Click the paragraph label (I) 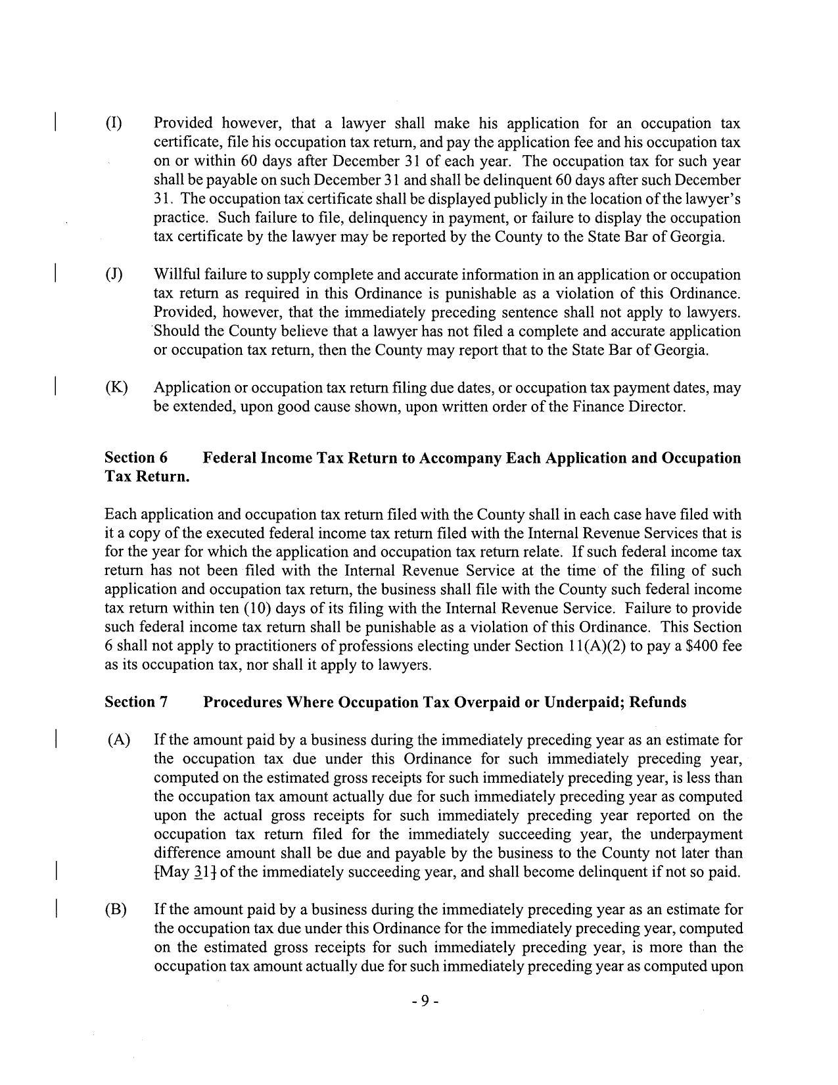(114, 124)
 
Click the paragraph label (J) (114, 275)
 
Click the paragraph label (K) (116, 388)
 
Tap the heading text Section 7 (136, 703)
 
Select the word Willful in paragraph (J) (177, 275)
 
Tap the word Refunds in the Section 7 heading (658, 703)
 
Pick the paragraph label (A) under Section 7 (119, 741)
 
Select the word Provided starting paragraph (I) (183, 124)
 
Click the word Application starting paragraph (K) (191, 388)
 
